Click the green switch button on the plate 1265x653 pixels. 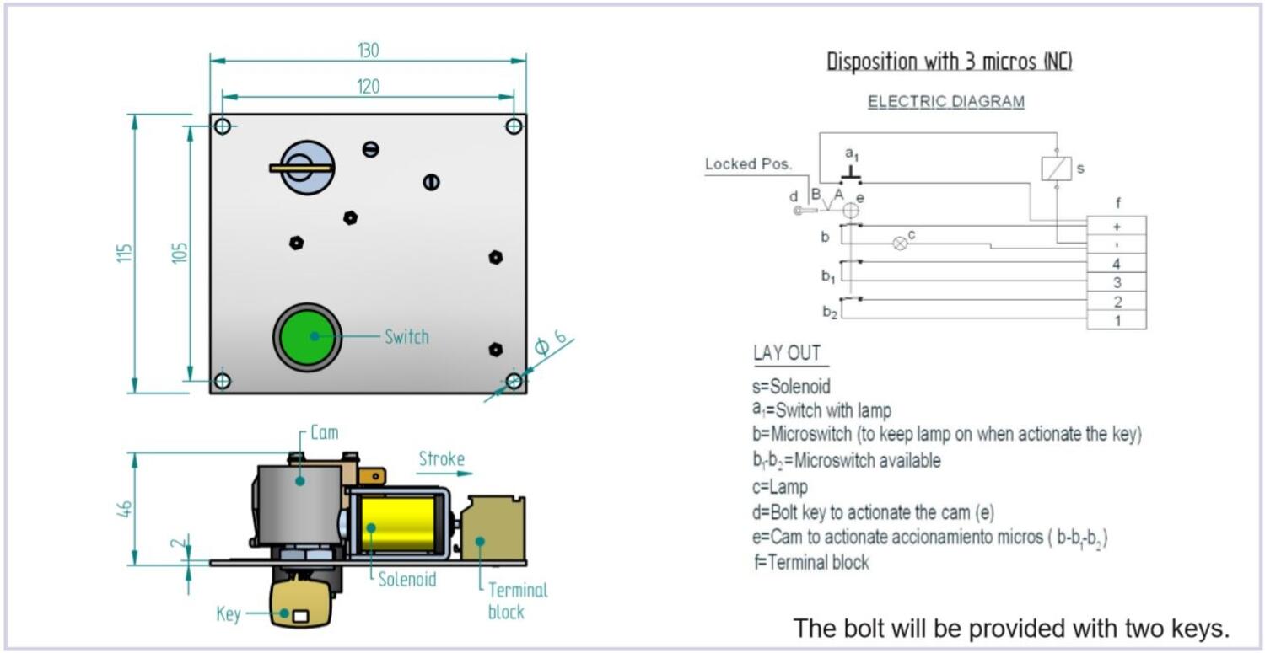[x=308, y=336]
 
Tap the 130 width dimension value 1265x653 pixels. [x=368, y=51]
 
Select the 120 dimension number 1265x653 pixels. [x=368, y=87]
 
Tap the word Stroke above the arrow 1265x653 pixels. [x=441, y=459]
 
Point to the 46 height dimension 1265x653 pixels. [x=124, y=509]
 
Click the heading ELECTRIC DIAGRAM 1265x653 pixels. [x=946, y=102]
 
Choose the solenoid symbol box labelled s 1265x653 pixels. [x=1058, y=169]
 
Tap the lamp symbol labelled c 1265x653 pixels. [x=900, y=244]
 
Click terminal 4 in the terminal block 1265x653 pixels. [x=1116, y=264]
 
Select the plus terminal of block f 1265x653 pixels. [x=1116, y=226]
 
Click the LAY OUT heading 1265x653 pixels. [x=787, y=353]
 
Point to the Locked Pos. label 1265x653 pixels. [x=749, y=164]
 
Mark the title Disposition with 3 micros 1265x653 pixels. [x=949, y=62]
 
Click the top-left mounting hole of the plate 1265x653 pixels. [x=223, y=126]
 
